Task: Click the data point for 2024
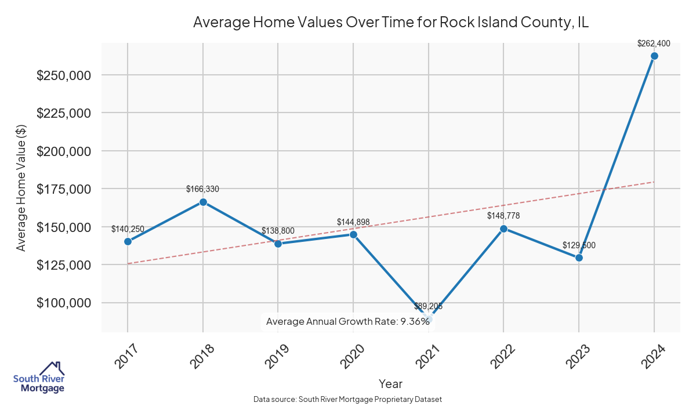[654, 56]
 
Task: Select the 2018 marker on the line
[203, 202]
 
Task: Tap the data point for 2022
[503, 229]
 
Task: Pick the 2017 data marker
[128, 241]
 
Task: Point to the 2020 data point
[353, 234]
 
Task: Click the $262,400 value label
[654, 43]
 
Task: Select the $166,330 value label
[202, 189]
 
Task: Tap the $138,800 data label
[278, 230]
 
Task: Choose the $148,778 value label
[503, 216]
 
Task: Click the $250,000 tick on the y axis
[64, 75]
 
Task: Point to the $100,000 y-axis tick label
[64, 303]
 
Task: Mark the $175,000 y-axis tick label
[64, 189]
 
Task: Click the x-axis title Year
[390, 383]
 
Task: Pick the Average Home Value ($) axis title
[21, 188]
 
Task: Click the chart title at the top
[391, 22]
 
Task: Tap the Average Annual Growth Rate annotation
[347, 321]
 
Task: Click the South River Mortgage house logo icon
[52, 368]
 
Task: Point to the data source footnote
[347, 400]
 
